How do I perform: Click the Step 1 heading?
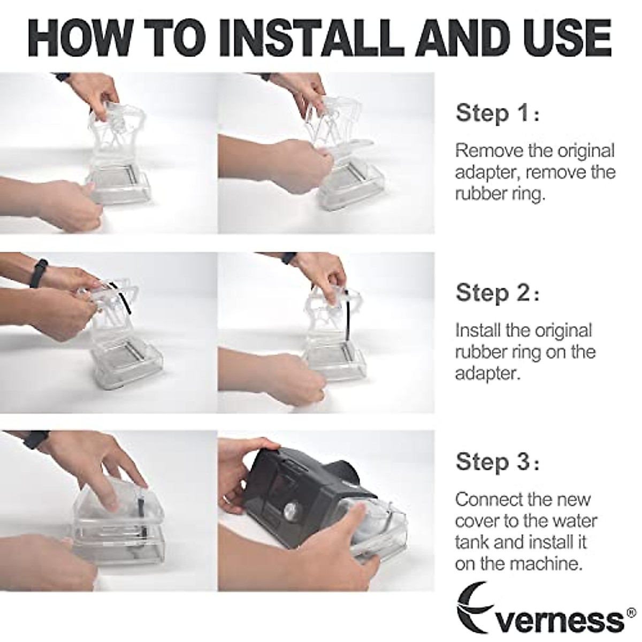pos(498,113)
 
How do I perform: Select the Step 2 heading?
pos(498,293)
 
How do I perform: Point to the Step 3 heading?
pos(498,462)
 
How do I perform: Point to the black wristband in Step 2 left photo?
pos(38,273)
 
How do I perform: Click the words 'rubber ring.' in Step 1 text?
pos(500,194)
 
